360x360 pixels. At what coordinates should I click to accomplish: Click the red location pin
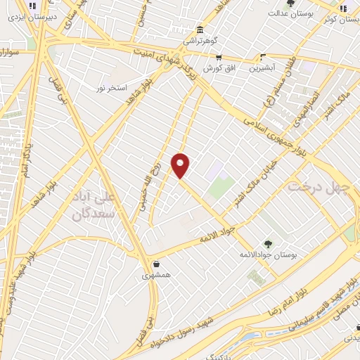181,165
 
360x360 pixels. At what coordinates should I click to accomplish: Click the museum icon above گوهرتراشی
202,30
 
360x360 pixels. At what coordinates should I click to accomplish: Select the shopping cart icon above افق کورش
218,58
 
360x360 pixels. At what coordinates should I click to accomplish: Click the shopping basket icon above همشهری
155,264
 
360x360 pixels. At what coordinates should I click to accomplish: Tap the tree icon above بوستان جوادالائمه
268,243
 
